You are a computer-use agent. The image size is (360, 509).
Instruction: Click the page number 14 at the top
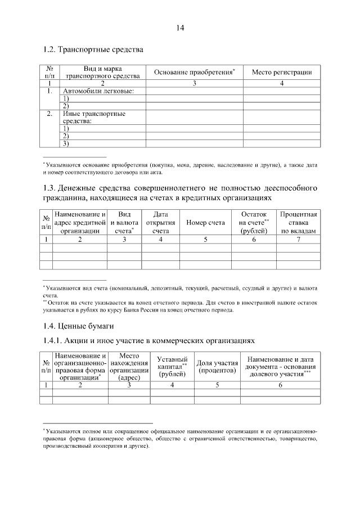pyautogui.click(x=179, y=28)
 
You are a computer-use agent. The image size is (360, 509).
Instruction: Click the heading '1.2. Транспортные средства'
pyautogui.click(x=93, y=49)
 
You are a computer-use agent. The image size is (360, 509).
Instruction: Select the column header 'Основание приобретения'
pyautogui.click(x=194, y=72)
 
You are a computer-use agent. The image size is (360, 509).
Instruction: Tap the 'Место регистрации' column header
pyautogui.click(x=282, y=72)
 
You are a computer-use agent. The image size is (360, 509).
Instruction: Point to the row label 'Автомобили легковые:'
pyautogui.click(x=98, y=91)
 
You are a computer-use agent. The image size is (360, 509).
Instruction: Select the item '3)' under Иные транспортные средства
pyautogui.click(x=66, y=144)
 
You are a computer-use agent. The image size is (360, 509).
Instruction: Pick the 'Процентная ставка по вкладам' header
pyautogui.click(x=299, y=223)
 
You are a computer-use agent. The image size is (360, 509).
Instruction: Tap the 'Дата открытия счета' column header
pyautogui.click(x=161, y=223)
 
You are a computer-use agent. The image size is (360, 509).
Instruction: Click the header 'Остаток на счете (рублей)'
pyautogui.click(x=254, y=223)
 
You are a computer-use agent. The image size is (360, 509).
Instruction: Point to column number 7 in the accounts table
pyautogui.click(x=299, y=240)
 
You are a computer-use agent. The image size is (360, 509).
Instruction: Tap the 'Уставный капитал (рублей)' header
pyautogui.click(x=172, y=367)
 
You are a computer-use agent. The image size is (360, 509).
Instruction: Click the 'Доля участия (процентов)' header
pyautogui.click(x=217, y=367)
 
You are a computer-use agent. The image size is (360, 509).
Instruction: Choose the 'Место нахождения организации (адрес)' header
pyautogui.click(x=129, y=367)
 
